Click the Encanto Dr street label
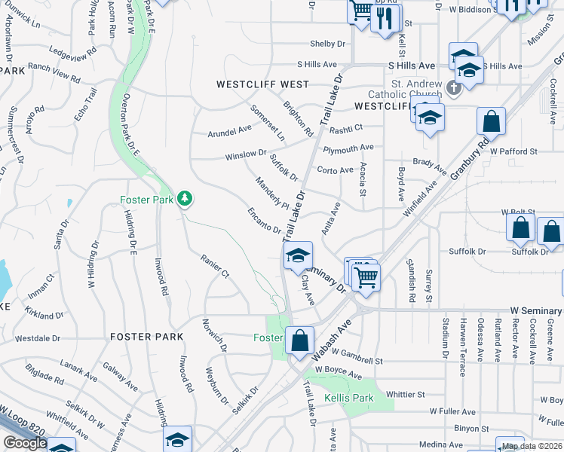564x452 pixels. [265, 221]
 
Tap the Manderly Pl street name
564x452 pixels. [271, 193]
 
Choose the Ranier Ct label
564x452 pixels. [214, 266]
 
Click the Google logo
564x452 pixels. [25, 443]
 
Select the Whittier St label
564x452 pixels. [406, 394]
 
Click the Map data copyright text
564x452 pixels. [531, 446]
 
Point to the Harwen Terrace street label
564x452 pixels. [462, 341]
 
